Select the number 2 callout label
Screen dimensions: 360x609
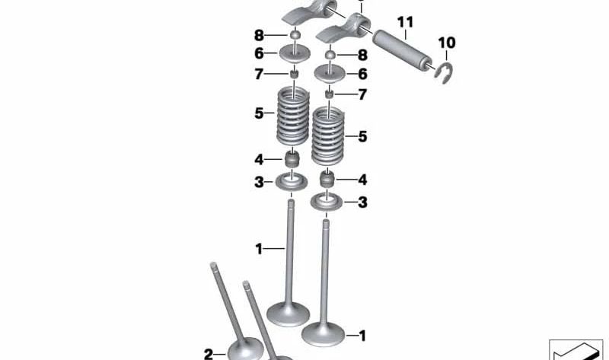[x=209, y=353]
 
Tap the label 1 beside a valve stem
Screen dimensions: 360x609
[x=259, y=248]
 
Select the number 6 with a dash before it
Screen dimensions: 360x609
[x=362, y=74]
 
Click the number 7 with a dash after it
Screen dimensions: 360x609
[x=259, y=74]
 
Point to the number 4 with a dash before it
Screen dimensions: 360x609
[x=362, y=180]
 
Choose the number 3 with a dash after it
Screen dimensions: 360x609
[x=259, y=182]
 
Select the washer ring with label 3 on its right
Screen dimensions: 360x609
[x=327, y=203]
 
